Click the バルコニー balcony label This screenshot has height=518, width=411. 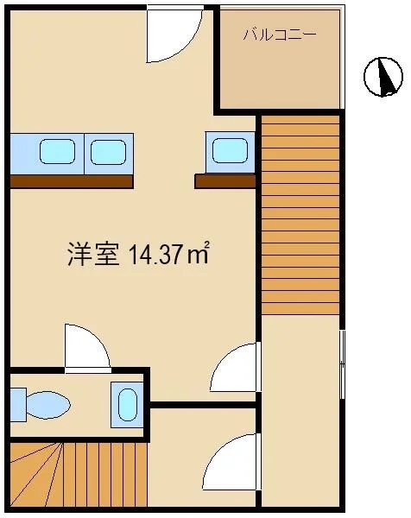(x=280, y=35)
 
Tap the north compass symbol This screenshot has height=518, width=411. (x=383, y=77)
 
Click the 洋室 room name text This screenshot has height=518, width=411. (x=93, y=254)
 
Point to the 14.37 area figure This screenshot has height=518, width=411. (x=156, y=255)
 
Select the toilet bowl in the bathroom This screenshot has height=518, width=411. (x=47, y=405)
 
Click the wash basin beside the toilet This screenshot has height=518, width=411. (x=127, y=405)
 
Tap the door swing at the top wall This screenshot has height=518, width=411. (x=174, y=35)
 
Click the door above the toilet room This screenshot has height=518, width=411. (x=87, y=348)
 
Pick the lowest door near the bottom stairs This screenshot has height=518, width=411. (x=232, y=462)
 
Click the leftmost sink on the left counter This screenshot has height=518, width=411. (x=57, y=151)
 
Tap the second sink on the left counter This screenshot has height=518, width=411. (x=109, y=152)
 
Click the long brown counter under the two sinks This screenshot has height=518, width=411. (x=72, y=181)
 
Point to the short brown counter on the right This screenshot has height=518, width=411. (x=225, y=181)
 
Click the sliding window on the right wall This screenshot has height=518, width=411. (x=343, y=363)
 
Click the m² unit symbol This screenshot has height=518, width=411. (x=199, y=254)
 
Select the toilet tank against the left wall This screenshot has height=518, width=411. (x=18, y=405)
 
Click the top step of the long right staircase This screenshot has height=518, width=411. (x=300, y=119)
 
